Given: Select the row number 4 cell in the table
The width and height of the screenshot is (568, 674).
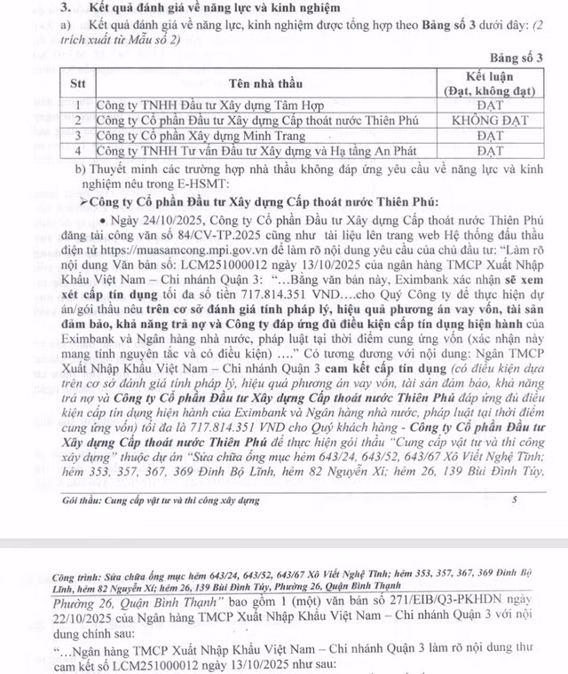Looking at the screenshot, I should pos(79,152).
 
